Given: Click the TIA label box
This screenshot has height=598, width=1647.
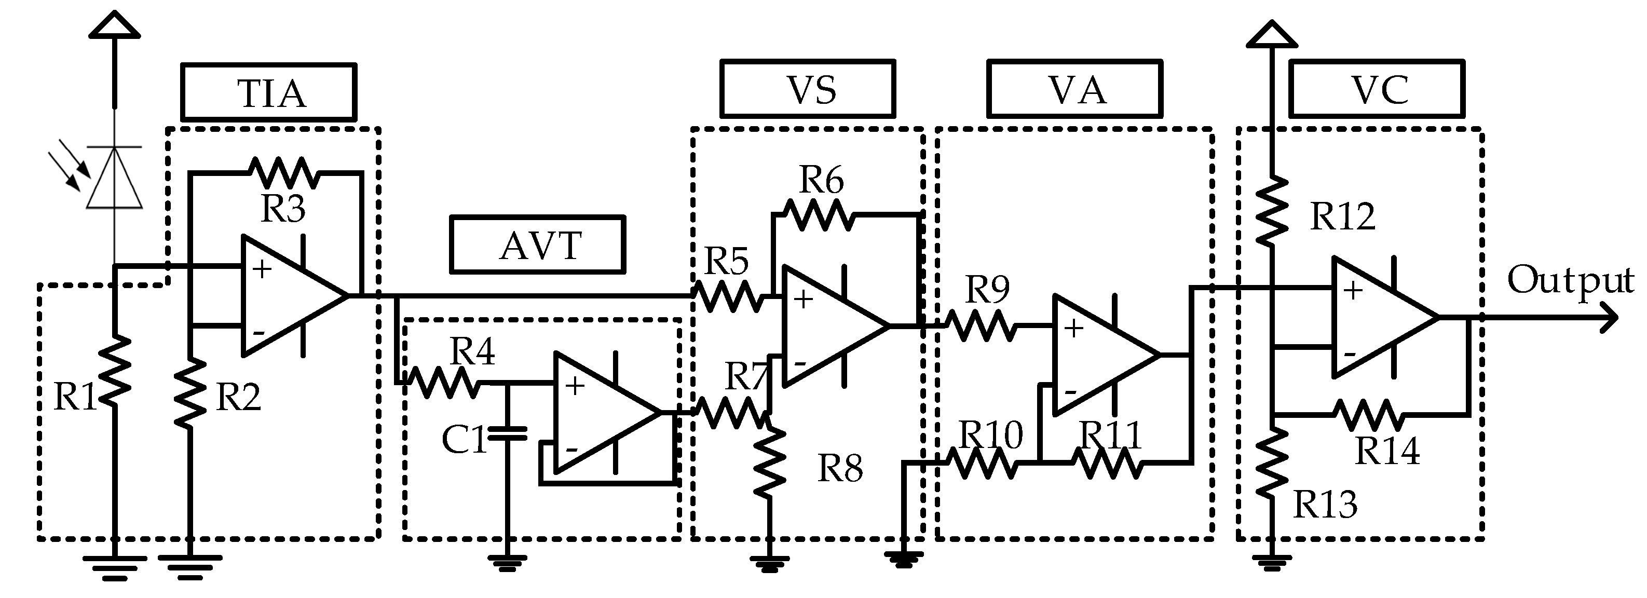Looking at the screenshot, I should click(268, 92).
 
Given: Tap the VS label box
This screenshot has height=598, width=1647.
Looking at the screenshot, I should click(808, 89).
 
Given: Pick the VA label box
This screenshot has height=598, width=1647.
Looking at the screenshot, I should click(1074, 89).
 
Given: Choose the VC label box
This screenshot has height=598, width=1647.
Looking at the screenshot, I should click(1377, 89).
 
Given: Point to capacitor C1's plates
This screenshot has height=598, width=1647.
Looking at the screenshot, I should click(507, 434).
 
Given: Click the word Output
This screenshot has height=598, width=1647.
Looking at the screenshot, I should click(1570, 280).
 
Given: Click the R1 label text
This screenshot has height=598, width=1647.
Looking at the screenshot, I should click(74, 397).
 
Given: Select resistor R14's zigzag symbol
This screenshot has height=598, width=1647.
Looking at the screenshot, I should click(1368, 416).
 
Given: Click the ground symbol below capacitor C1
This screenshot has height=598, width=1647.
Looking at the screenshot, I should click(507, 563).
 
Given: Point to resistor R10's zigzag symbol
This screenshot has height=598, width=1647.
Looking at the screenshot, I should click(982, 463).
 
